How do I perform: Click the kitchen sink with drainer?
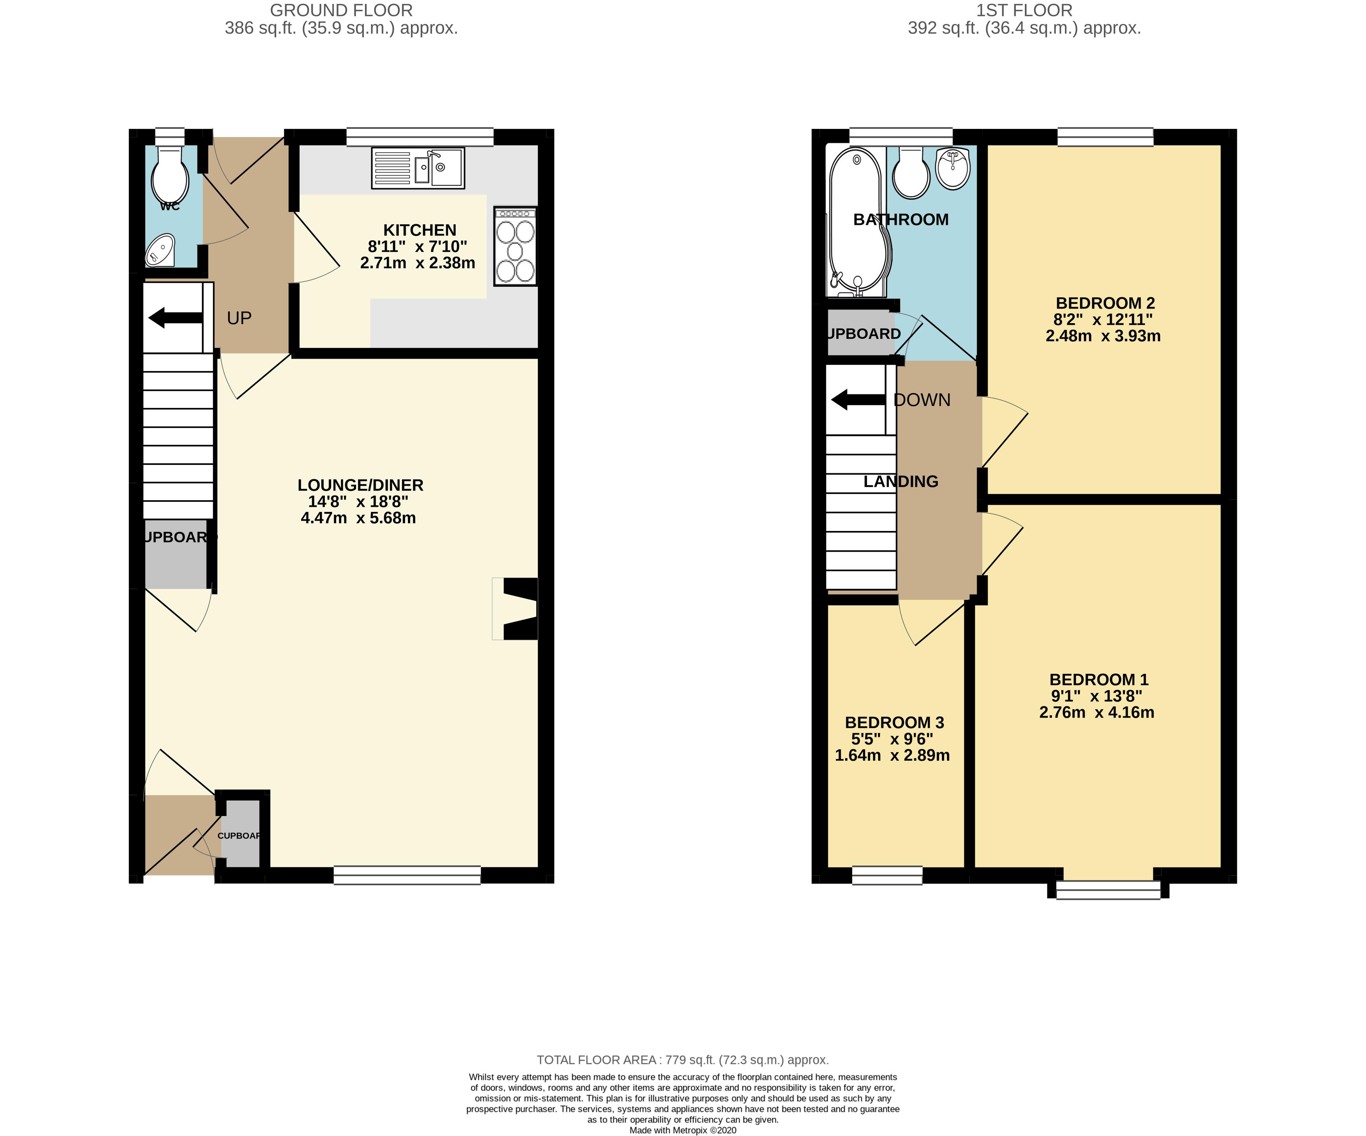click(418, 169)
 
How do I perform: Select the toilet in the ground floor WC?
click(170, 174)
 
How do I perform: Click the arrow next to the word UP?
click(176, 318)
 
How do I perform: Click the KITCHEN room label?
click(419, 230)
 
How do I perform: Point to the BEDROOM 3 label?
click(894, 723)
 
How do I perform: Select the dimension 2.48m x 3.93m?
click(1103, 336)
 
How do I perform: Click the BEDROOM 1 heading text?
click(1099, 679)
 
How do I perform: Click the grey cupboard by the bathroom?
click(860, 334)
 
